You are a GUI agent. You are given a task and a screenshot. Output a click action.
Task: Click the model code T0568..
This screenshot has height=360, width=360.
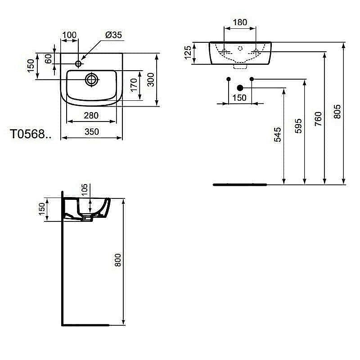point(31,134)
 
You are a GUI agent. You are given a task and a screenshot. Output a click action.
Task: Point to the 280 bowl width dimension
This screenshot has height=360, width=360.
point(91,116)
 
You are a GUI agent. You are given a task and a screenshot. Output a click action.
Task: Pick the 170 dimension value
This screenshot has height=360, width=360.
point(133,85)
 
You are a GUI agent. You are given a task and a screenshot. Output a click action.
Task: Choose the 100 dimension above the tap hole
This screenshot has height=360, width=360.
point(69,35)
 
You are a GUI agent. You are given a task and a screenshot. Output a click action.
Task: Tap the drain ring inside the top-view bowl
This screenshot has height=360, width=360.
point(91,79)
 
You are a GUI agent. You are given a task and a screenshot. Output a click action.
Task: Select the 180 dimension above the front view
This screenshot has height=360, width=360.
point(240,22)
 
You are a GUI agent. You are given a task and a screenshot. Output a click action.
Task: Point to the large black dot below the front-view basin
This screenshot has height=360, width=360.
point(240,88)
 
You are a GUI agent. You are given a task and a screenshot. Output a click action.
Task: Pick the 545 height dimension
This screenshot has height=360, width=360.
point(277,135)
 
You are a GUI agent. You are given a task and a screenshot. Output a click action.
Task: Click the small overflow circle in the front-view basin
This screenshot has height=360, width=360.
point(240,48)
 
